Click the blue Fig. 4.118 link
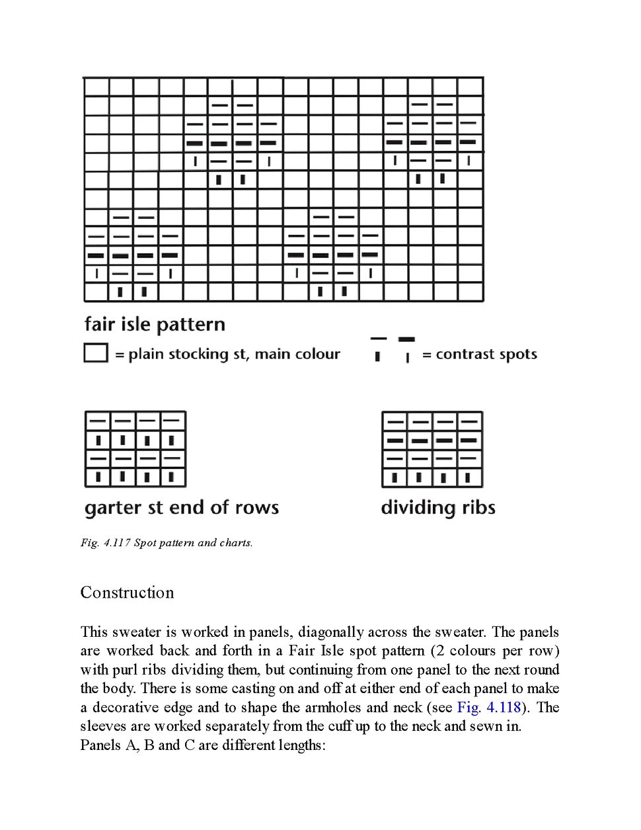click(x=489, y=707)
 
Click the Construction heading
click(x=127, y=593)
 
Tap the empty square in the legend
click(x=96, y=353)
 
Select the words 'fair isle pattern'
click(x=155, y=324)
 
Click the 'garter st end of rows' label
click(x=182, y=507)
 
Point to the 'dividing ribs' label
click(x=438, y=507)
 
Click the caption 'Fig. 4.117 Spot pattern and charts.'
click(x=167, y=543)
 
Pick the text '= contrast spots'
click(x=480, y=354)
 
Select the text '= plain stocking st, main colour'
click(x=227, y=354)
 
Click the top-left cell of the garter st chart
click(x=98, y=421)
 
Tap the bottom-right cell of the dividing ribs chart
click(x=469, y=477)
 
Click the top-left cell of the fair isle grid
click(x=96, y=87)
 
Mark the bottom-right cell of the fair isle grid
click(x=470, y=291)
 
